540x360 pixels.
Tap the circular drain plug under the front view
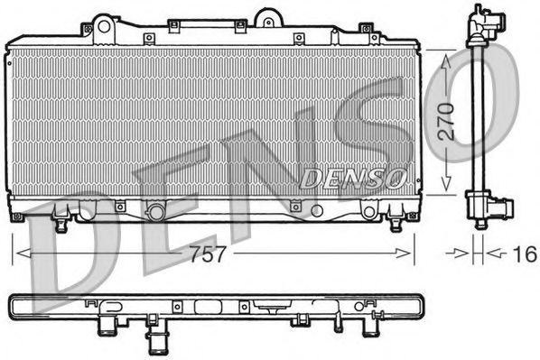click(155, 212)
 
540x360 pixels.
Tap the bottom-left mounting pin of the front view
click(61, 217)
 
